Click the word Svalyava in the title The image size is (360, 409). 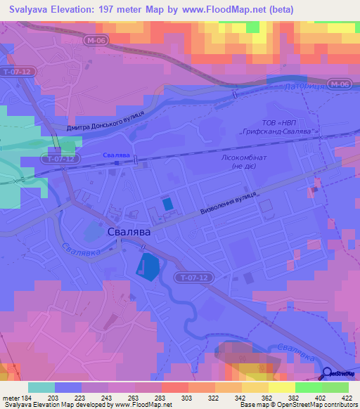(x=32, y=9)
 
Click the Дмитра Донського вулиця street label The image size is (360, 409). (x=105, y=121)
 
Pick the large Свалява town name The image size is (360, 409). (x=131, y=231)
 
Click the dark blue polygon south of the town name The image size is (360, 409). (x=148, y=266)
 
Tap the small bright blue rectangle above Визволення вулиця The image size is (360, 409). (x=167, y=203)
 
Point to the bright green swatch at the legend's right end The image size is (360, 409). (x=335, y=387)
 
